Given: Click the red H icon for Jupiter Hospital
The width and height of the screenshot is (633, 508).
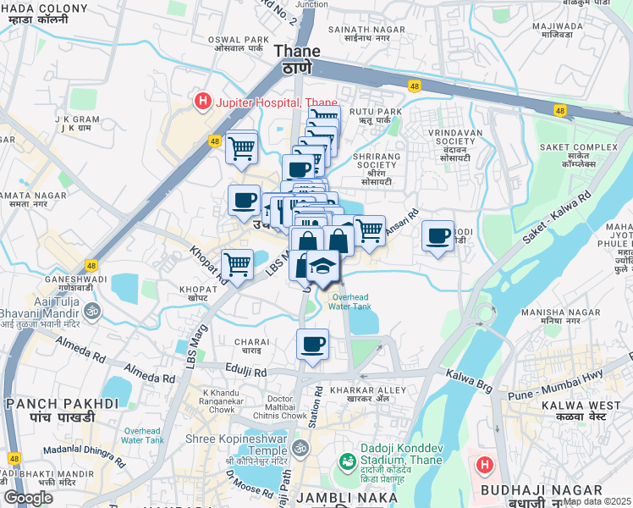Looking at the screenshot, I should [203, 102].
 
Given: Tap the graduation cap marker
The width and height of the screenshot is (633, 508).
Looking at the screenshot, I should [322, 267].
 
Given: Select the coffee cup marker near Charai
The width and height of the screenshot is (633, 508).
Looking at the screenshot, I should [312, 345].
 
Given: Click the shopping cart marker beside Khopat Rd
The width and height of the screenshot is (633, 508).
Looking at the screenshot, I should [237, 265].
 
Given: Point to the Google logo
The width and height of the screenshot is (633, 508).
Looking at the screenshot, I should [28, 498].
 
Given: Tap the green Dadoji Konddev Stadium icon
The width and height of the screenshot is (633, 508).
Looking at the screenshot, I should [347, 462].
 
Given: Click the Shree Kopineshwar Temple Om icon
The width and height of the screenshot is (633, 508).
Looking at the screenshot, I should [298, 446].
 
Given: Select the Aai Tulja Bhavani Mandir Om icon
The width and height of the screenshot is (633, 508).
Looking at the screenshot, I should [94, 310].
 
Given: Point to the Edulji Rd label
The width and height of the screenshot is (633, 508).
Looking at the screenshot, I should [246, 371].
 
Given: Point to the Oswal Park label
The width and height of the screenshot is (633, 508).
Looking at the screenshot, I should [245, 44].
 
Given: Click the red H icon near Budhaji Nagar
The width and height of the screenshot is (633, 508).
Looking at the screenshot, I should [484, 465].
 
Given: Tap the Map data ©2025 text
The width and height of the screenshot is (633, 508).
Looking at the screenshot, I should [597, 501].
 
